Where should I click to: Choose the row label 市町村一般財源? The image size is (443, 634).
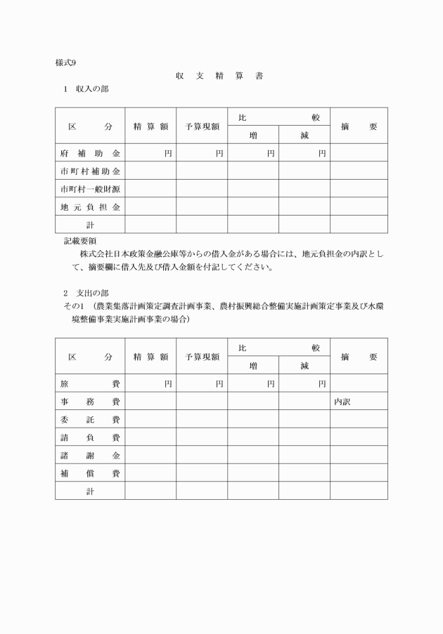tap(90, 189)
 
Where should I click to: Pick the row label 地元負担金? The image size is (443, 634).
tap(90, 207)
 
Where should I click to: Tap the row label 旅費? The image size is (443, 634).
tap(90, 383)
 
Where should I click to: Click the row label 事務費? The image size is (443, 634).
tap(90, 402)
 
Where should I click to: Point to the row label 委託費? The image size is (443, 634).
tap(90, 420)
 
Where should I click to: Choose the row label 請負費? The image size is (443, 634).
tap(90, 437)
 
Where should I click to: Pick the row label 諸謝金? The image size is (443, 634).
tap(90, 456)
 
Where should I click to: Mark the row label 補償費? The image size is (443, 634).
tap(90, 474)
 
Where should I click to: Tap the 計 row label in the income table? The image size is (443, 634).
tap(90, 225)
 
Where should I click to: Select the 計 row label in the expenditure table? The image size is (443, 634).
tap(90, 491)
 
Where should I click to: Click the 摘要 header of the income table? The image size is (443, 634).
tap(359, 126)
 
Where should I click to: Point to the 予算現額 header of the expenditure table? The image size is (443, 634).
tap(202, 357)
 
